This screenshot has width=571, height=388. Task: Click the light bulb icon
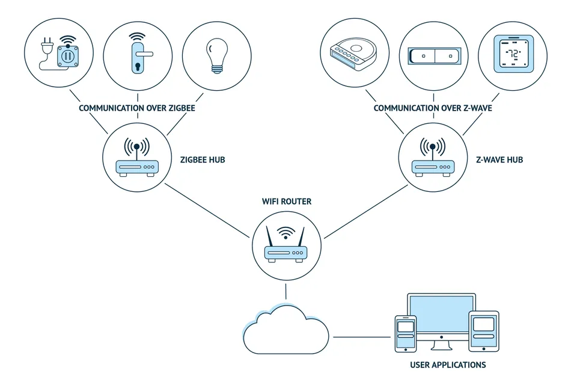pyautogui.click(x=217, y=56)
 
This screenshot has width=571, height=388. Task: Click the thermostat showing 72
pyautogui.click(x=513, y=54)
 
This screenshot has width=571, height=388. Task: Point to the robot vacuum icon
pyautogui.click(x=353, y=54)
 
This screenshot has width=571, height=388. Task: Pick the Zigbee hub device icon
pyautogui.click(x=137, y=157)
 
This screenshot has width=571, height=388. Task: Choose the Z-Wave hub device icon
pyautogui.click(x=433, y=157)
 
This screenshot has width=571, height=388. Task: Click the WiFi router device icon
pyautogui.click(x=286, y=244)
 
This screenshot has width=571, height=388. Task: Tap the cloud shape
pyautogui.click(x=286, y=330)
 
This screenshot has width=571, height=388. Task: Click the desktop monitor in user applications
pyautogui.click(x=441, y=317)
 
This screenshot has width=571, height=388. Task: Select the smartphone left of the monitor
pyautogui.click(x=406, y=334)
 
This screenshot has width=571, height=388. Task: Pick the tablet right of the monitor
pyautogui.click(x=484, y=331)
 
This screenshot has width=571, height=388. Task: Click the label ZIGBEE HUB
pyautogui.click(x=203, y=159)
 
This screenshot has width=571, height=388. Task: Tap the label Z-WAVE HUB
pyautogui.click(x=499, y=159)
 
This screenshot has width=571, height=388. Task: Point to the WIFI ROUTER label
pyautogui.click(x=287, y=202)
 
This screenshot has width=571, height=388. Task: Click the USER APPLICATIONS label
pyautogui.click(x=448, y=365)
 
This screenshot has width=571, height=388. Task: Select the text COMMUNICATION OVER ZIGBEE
pyautogui.click(x=137, y=108)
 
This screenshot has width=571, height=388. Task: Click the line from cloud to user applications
pyautogui.click(x=362, y=337)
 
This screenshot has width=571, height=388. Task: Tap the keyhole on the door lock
pyautogui.click(x=138, y=67)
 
